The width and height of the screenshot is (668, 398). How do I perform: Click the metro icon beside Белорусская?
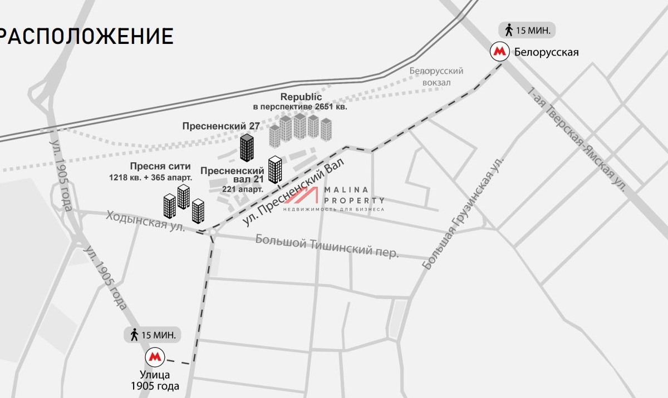click(499, 52)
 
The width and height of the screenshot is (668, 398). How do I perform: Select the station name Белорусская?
click(547, 53)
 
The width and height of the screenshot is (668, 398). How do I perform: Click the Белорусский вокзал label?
click(436, 77)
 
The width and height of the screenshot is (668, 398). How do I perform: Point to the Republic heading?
click(301, 97)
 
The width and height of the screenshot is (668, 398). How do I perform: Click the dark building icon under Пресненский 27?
click(247, 148)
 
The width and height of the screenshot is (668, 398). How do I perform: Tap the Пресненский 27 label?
click(221, 126)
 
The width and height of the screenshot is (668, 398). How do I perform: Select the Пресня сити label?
click(160, 166)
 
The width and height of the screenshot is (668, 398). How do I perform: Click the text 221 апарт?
click(243, 189)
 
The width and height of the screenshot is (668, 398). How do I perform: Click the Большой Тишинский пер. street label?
click(327, 246)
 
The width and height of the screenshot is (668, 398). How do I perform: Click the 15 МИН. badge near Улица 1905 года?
click(153, 335)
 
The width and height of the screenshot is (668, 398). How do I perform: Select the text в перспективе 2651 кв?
click(300, 107)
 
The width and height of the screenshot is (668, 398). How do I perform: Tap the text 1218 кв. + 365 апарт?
click(151, 178)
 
